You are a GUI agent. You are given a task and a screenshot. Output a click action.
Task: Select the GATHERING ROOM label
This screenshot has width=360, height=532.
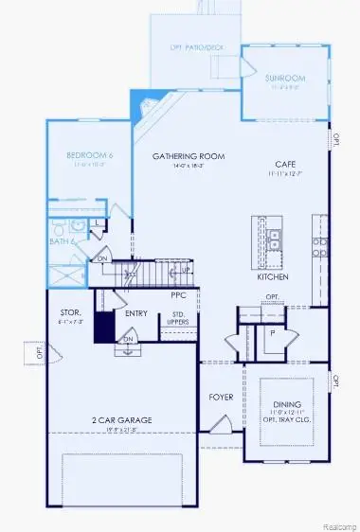pyautogui.click(x=178, y=155)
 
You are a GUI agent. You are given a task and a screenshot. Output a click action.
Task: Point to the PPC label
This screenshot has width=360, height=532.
pyautogui.click(x=178, y=294)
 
